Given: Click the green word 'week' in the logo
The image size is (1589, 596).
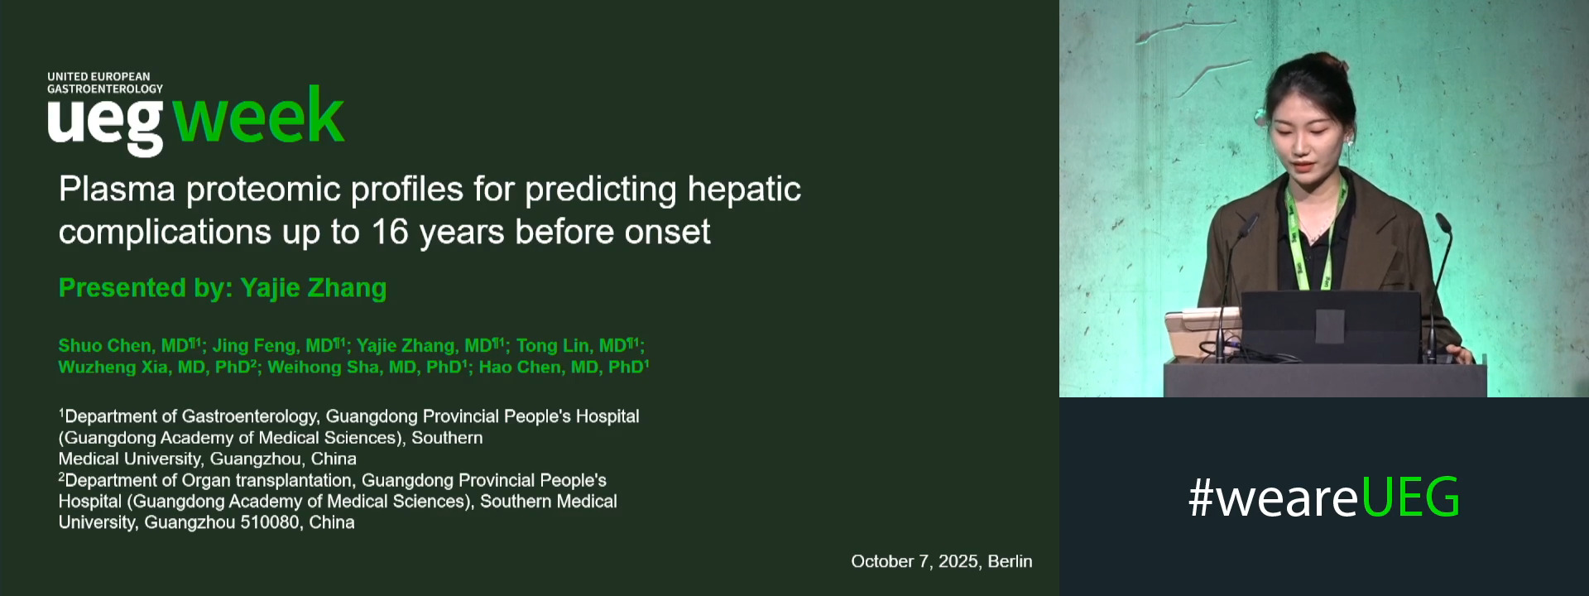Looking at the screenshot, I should [x=258, y=118].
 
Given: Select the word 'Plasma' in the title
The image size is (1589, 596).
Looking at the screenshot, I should [x=117, y=190].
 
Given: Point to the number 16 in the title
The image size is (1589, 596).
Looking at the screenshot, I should [x=389, y=232].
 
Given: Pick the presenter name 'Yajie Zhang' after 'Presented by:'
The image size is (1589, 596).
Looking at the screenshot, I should [x=313, y=288].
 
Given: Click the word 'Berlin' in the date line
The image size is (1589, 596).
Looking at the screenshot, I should [x=1010, y=561].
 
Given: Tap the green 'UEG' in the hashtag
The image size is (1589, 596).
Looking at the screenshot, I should [x=1410, y=497].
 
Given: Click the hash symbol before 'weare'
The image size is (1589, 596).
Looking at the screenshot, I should [x=1200, y=497].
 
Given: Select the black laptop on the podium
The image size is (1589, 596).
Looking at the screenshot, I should [x=1330, y=325].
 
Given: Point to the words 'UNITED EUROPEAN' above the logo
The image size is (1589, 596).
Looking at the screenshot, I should [x=98, y=77].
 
